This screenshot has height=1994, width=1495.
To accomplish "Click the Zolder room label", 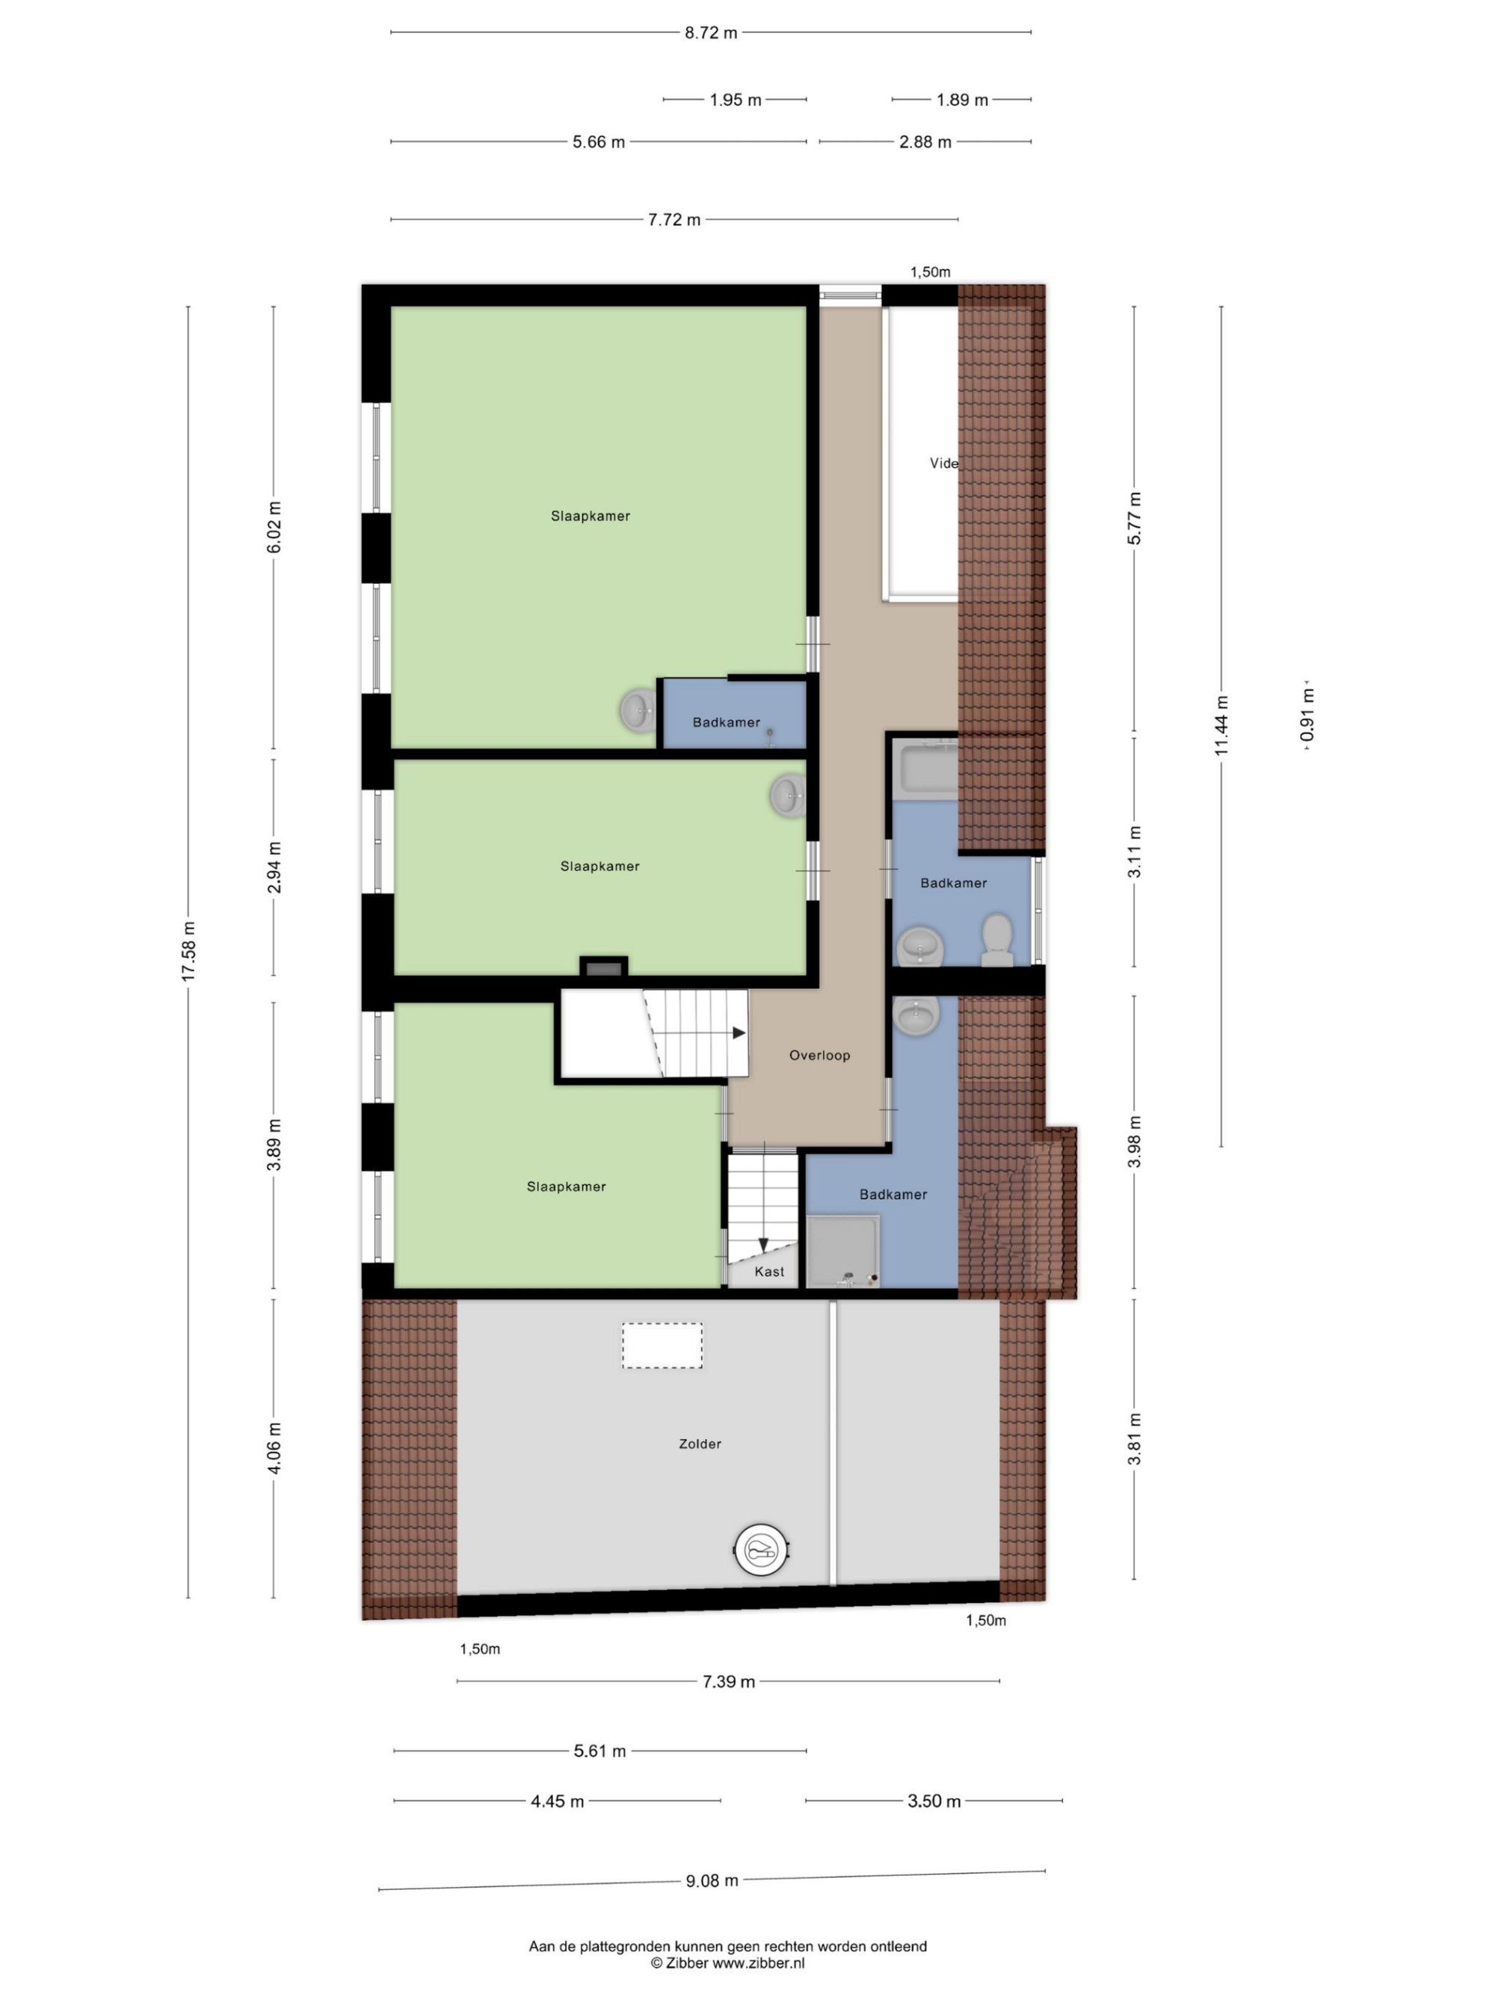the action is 700,1443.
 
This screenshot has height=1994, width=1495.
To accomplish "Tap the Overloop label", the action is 819,1055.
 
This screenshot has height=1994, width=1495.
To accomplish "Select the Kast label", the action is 768,1271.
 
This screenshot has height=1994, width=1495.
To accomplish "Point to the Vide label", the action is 943,463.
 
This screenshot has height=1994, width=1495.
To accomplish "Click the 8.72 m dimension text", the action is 710,32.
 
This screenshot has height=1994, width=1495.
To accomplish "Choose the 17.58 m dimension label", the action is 188,951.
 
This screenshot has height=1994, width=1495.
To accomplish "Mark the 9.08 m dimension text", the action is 711,1880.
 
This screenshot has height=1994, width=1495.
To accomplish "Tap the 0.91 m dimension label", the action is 1307,715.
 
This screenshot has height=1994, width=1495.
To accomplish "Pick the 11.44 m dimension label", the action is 1221,726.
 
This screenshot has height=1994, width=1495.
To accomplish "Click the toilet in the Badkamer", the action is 996,939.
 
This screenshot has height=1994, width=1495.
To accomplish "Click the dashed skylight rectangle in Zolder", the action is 662,1346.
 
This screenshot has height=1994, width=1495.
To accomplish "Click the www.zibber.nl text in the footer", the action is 758,1962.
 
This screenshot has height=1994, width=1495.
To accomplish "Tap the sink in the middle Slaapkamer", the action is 789,796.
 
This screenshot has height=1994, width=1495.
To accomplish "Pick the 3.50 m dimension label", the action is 934,1801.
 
